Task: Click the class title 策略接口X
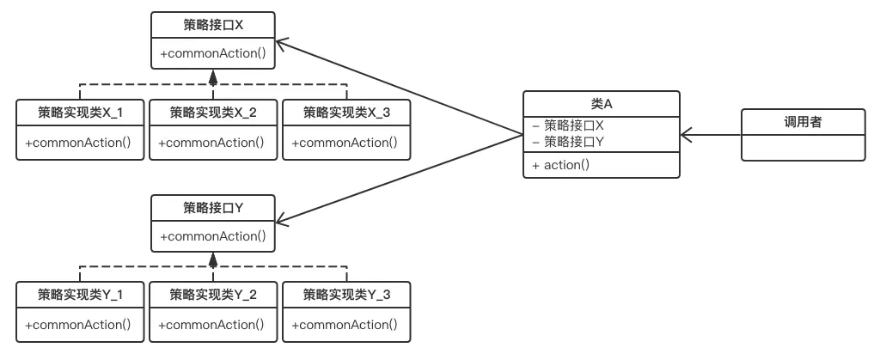[x=213, y=26]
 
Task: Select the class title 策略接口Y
[x=213, y=208]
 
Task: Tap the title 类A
[x=601, y=103]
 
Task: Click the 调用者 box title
[x=803, y=122]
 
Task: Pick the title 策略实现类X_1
[x=80, y=112]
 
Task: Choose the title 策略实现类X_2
[x=213, y=112]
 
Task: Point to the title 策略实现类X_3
[x=346, y=112]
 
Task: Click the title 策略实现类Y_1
[x=80, y=295]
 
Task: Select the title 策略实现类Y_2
[x=213, y=295]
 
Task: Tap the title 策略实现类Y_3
[x=346, y=295]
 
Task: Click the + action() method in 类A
[x=560, y=165]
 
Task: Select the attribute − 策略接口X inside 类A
[x=568, y=125]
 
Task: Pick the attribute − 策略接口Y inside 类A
[x=568, y=140]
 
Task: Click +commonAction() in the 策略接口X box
[x=213, y=53]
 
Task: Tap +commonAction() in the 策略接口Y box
[x=213, y=235]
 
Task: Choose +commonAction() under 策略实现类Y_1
[x=80, y=325]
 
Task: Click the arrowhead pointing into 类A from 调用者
[x=685, y=134]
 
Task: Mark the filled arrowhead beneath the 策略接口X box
[x=213, y=80]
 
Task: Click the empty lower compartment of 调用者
[x=803, y=147]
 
